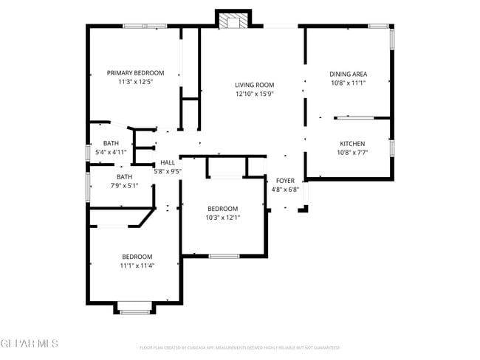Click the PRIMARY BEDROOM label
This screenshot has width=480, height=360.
tap(135, 73)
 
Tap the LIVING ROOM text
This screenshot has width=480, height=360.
tap(255, 85)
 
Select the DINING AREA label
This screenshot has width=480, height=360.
tap(348, 74)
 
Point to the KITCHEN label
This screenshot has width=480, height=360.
tap(352, 143)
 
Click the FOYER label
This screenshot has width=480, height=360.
tap(286, 181)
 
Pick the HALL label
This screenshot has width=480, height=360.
tap(168, 162)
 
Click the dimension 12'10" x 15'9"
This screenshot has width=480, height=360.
tap(255, 94)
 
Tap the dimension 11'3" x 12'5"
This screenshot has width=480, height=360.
tap(135, 83)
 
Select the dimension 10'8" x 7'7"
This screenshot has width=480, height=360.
tap(352, 153)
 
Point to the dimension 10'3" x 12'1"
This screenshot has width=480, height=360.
tap(222, 218)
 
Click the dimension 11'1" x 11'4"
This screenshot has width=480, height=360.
tap(137, 266)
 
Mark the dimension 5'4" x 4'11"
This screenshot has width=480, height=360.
tap(111, 152)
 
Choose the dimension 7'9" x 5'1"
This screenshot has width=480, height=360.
tap(124, 186)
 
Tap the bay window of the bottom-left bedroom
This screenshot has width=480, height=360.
tap(135, 310)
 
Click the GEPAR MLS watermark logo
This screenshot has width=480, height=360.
tap(30, 344)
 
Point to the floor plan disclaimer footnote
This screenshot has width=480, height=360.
tap(240, 347)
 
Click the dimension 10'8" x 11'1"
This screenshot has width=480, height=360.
tap(348, 83)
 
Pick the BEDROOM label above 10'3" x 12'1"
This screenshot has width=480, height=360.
tap(222, 208)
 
